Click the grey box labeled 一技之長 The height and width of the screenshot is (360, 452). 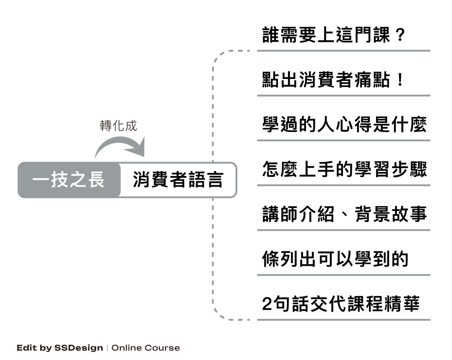tap(69, 180)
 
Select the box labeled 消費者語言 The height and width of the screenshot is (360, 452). tap(178, 180)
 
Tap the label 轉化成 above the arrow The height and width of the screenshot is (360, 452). tap(118, 126)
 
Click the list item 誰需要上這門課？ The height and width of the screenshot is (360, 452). tap(333, 35)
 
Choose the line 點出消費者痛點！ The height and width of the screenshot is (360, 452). tap(333, 81)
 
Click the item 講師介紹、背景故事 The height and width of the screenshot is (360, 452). tap(344, 215)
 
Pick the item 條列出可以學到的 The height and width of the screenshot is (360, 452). tap(335, 259)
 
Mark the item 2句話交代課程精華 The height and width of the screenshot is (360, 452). tap(340, 304)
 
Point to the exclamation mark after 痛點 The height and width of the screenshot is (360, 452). tap(400, 81)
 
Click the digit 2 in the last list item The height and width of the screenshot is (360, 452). tap(267, 304)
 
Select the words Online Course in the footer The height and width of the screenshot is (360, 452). tap(145, 348)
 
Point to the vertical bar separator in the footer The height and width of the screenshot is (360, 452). tap(107, 348)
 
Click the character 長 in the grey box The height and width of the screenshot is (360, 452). tap(95, 180)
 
